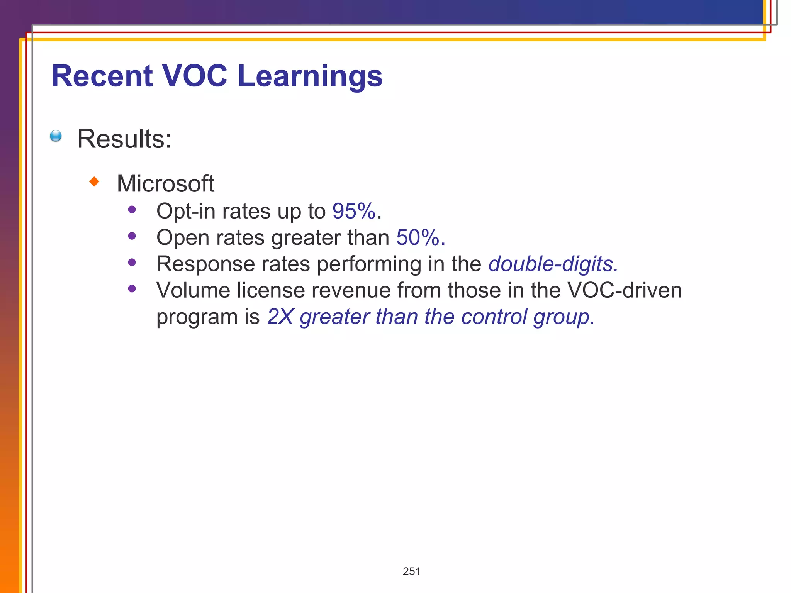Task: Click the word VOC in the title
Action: coord(194,76)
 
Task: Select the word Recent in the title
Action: coord(102,76)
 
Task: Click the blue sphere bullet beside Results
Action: coord(56,136)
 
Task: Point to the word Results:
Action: coord(124,139)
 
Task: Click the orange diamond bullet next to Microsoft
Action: coord(94,181)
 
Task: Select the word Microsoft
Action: coord(165,183)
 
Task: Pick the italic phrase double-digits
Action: coord(553,264)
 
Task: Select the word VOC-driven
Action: coord(625,290)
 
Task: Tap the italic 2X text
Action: coord(280,317)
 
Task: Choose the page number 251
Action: coord(411,571)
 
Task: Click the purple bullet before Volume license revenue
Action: coord(132,288)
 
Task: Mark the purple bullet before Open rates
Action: coord(132,236)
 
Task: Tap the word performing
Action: coord(369,264)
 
